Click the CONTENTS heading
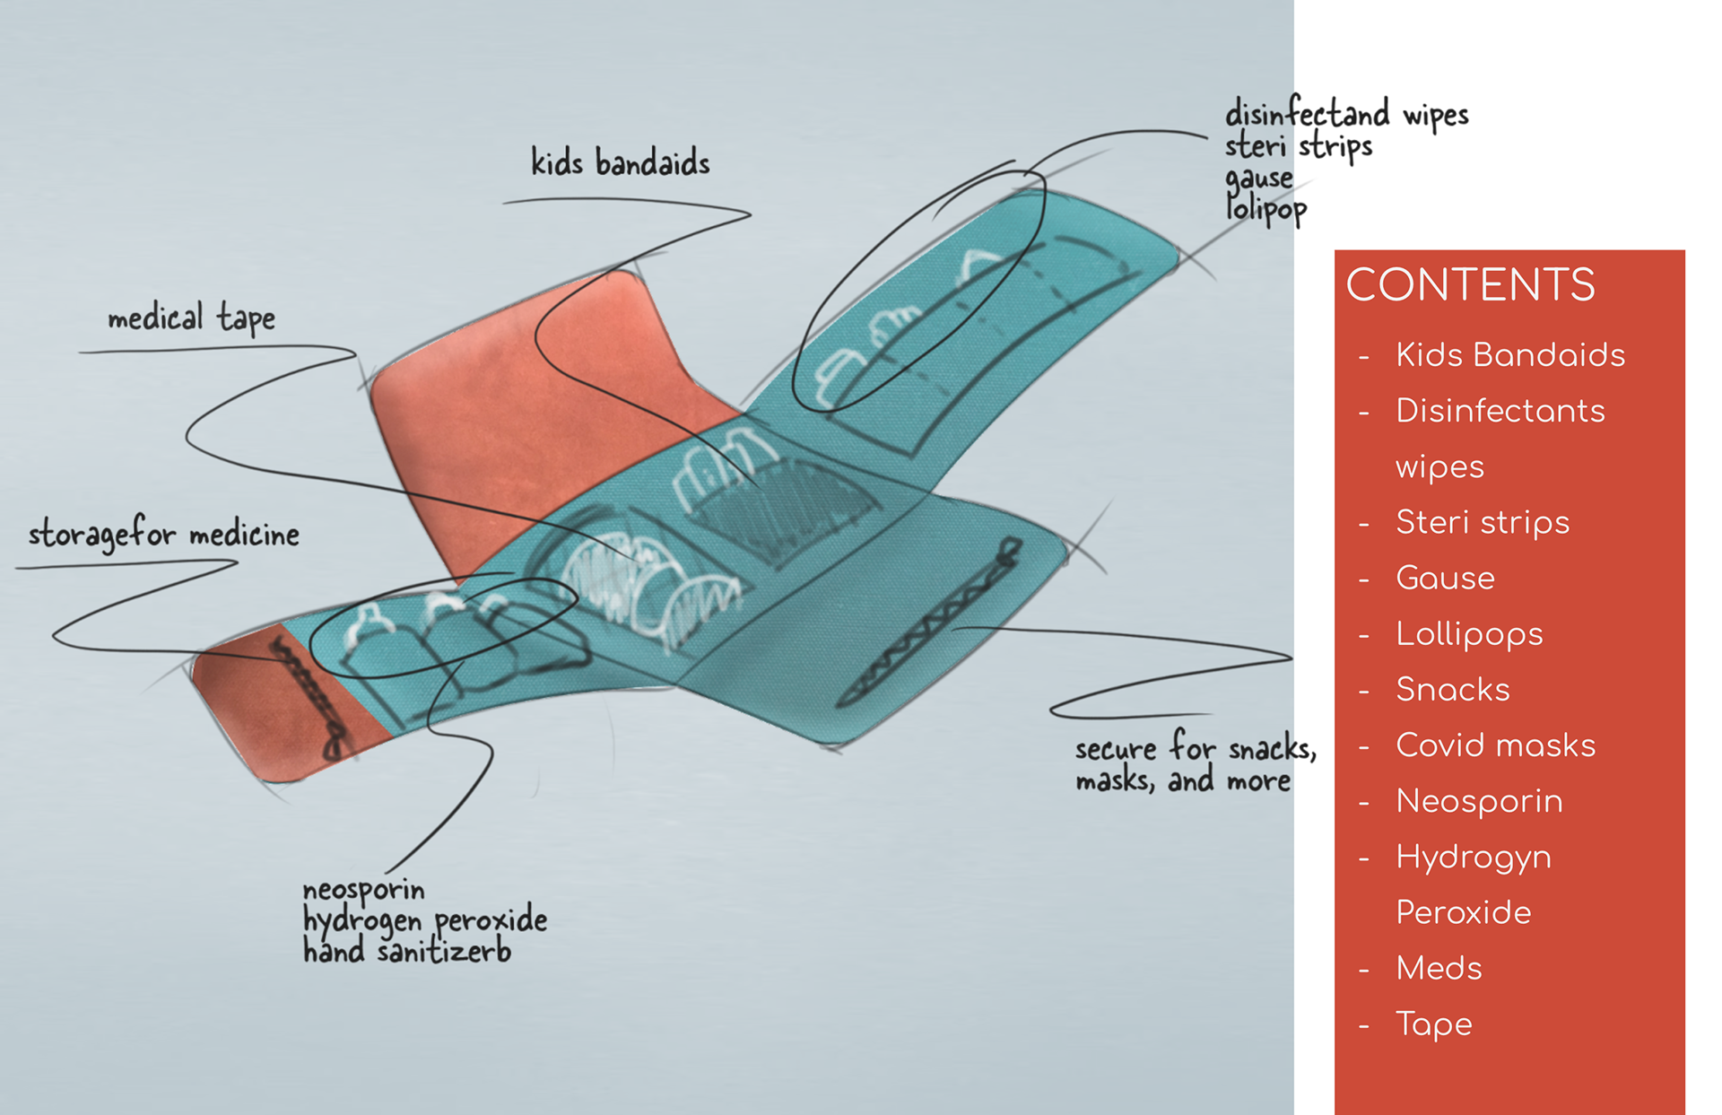click(x=1470, y=285)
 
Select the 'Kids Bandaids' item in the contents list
click(x=1510, y=355)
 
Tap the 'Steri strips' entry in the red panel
click(x=1483, y=522)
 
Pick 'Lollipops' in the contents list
click(x=1469, y=634)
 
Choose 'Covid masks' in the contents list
click(x=1495, y=745)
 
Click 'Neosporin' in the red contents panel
click(x=1479, y=801)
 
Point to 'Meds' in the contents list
click(x=1439, y=968)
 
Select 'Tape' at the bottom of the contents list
click(x=1434, y=1024)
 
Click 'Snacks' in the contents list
click(x=1453, y=690)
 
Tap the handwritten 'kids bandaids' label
click(x=620, y=163)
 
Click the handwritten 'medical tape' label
click(x=191, y=318)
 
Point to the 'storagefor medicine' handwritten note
click(x=163, y=535)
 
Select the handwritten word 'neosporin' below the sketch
click(x=363, y=890)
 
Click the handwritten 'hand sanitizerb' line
click(x=406, y=951)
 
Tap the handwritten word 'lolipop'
click(x=1265, y=210)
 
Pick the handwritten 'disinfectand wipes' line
click(x=1346, y=115)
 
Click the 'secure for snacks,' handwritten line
click(x=1196, y=747)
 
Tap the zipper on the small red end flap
click(x=310, y=697)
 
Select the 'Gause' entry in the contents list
click(x=1445, y=579)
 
